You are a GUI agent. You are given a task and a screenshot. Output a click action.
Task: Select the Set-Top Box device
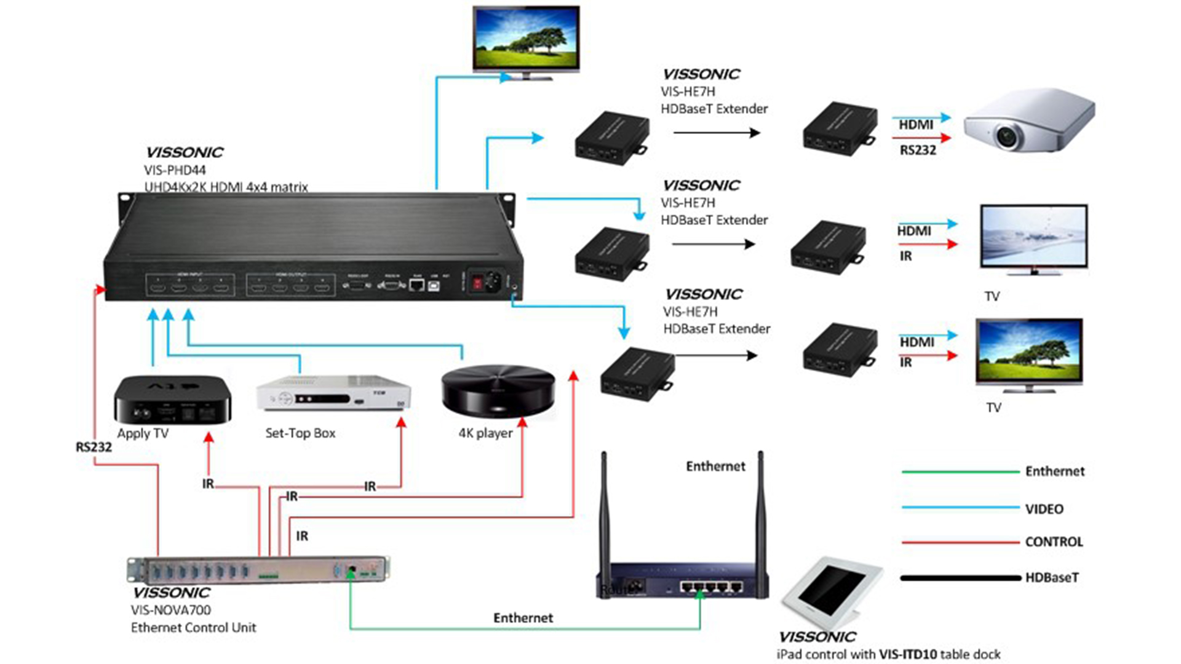pos(333,393)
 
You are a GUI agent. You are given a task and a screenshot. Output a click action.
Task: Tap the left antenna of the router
pos(604,523)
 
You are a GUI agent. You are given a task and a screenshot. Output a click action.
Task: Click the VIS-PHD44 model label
pos(175,170)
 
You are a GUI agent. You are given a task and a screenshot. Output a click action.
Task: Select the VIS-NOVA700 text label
pos(171,610)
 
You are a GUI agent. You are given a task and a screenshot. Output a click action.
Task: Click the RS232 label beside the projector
pos(918,150)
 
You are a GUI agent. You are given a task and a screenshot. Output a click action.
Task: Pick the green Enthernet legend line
pos(960,472)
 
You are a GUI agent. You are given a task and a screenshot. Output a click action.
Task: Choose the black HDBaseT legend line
pos(960,578)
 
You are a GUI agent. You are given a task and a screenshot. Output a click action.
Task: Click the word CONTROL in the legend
pos(1054,542)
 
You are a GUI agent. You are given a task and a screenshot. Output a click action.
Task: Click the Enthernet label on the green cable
pos(523,618)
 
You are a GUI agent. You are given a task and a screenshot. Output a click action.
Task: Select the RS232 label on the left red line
pos(93,447)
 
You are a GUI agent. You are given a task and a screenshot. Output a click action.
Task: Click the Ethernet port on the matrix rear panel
pos(416,285)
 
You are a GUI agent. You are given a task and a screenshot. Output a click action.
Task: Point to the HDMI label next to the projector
pos(916,125)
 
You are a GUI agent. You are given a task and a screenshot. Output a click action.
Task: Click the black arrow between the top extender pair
pos(716,133)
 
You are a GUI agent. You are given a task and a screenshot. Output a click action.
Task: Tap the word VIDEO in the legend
pos(1044,509)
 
